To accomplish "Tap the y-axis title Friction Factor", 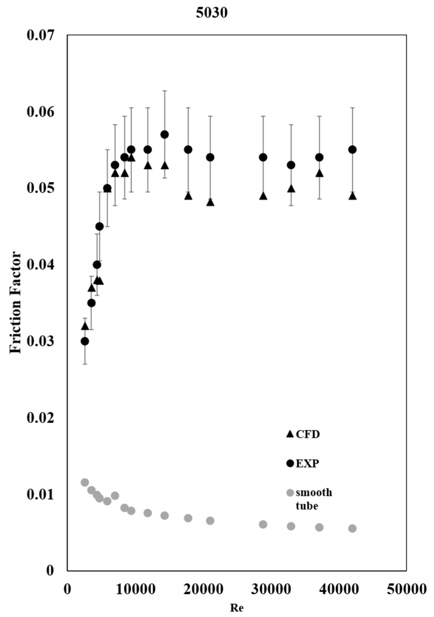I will (15, 303).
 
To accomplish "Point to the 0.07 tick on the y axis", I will (40, 36).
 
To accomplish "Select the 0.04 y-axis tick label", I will (40, 265).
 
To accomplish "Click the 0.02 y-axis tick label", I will (40, 418).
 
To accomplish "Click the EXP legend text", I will (307, 464).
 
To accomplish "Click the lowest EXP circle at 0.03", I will (85, 341).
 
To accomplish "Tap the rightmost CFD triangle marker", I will (352, 196).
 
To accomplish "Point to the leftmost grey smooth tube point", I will (85, 483).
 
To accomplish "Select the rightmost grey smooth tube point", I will (352, 529).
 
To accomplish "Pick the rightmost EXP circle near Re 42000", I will (352, 150).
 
